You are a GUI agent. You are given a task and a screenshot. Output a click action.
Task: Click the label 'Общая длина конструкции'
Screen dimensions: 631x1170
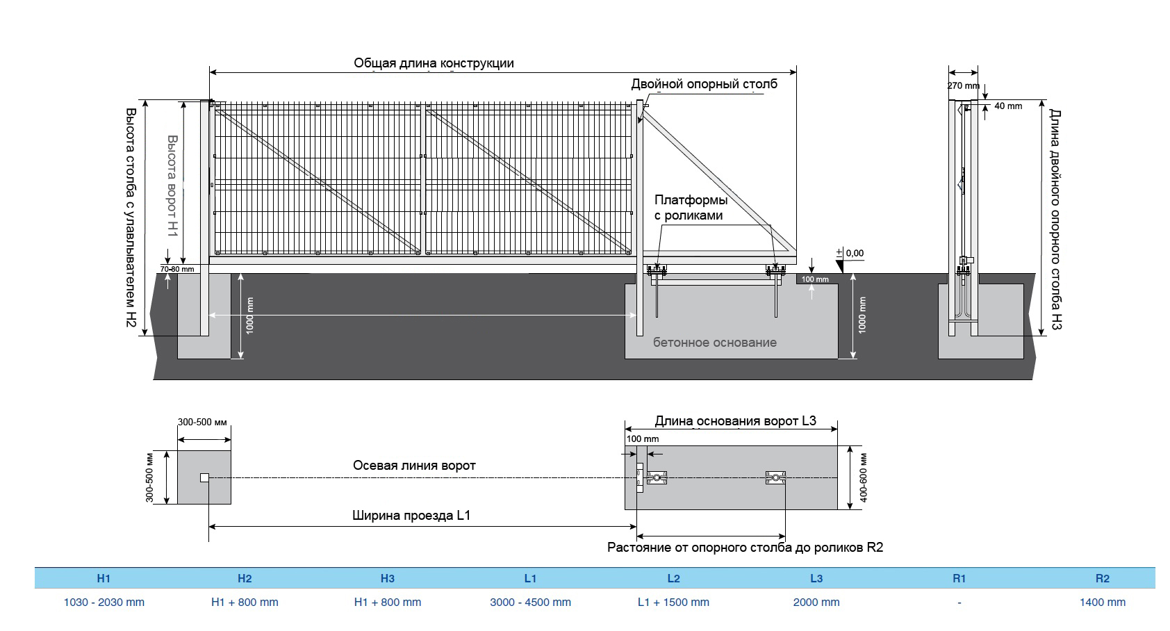[434, 63]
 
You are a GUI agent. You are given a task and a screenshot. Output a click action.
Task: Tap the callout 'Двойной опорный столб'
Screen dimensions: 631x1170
[704, 84]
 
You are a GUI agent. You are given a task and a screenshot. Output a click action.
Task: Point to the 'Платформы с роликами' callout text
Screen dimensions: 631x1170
[691, 208]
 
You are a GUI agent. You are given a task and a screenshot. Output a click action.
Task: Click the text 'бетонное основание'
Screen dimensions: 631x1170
[714, 343]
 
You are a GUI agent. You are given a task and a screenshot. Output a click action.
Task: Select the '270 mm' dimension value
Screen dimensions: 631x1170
[963, 86]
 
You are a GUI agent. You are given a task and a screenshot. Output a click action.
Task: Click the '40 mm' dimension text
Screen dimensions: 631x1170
[1008, 106]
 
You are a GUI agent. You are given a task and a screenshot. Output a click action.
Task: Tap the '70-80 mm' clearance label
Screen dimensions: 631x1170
[177, 269]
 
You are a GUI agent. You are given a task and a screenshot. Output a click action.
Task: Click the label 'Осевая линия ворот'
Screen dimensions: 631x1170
[414, 466]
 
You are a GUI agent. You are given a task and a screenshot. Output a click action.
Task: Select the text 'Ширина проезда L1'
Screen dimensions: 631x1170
[411, 516]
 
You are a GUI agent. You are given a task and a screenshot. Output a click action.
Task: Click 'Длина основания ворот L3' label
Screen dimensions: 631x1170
[735, 421]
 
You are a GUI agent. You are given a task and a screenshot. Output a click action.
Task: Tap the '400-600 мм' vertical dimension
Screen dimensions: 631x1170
[863, 477]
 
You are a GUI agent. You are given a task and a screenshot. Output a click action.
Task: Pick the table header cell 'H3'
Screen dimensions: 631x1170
[388, 578]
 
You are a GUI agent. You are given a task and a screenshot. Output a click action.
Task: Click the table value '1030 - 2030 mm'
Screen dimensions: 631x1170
[104, 603]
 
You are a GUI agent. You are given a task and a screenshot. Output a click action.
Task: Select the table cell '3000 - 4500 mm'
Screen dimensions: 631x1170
[530, 603]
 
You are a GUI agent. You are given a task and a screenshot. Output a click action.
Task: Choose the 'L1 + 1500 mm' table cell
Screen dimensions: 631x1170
[673, 603]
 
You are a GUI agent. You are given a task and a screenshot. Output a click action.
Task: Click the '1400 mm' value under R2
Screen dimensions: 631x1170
[1102, 603]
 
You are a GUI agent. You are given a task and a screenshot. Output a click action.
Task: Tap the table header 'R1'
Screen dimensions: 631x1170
[959, 578]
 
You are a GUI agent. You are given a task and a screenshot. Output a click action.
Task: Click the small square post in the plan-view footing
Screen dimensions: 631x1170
[204, 477]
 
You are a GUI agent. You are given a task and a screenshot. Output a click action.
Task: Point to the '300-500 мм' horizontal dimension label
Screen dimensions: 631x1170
[202, 423]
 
